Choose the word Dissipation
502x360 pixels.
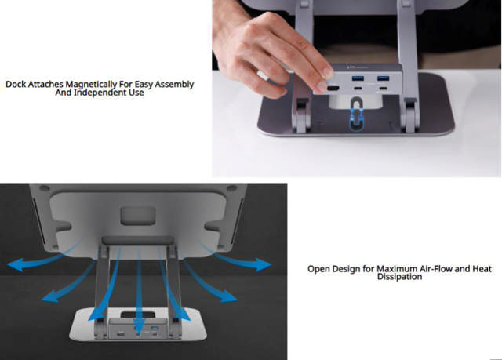click(400, 277)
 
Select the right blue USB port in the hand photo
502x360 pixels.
click(385, 78)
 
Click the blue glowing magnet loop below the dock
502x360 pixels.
click(357, 124)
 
